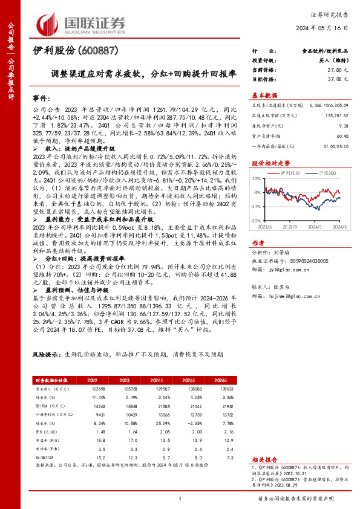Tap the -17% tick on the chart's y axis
pos(257,206)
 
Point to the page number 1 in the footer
pos(180,499)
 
